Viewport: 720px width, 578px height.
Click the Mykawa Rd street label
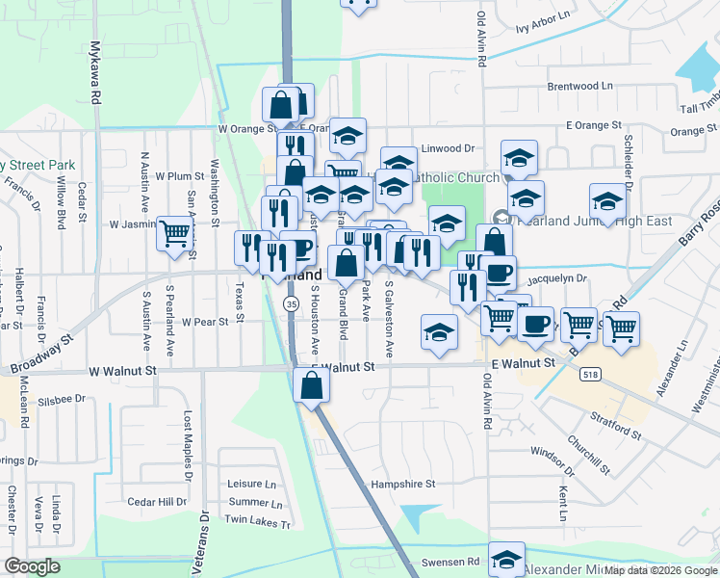[95, 73]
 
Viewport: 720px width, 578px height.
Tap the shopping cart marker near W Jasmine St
[174, 233]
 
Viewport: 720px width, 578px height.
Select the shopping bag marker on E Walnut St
[312, 386]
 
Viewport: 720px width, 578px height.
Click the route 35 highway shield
[291, 303]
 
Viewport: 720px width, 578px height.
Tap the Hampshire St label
[404, 484]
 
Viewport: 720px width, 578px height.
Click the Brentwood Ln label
[579, 86]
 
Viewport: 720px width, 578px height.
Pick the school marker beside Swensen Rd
[506, 560]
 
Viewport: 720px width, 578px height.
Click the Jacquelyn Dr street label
[557, 277]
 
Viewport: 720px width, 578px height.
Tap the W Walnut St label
[122, 370]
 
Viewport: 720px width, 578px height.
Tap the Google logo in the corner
[32, 565]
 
